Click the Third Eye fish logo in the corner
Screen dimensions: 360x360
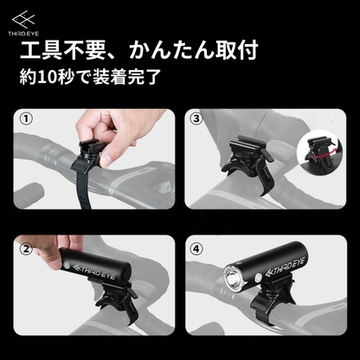pyautogui.click(x=23, y=19)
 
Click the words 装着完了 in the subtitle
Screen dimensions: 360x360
pyautogui.click(x=126, y=77)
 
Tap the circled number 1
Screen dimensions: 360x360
pyautogui.click(x=26, y=119)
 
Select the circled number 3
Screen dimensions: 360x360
pyautogui.click(x=196, y=119)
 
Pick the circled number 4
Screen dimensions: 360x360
pyautogui.click(x=196, y=248)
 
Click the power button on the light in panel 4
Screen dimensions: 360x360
pyautogui.click(x=258, y=278)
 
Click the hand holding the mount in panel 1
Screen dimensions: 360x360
pyautogui.click(x=115, y=136)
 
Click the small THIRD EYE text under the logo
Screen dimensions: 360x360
pyautogui.click(x=23, y=34)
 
